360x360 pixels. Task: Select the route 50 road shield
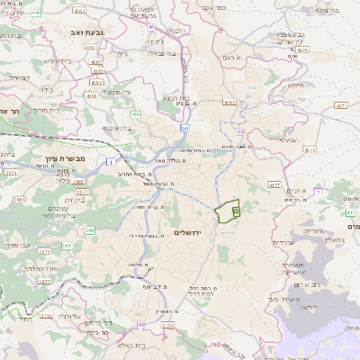click(x=184, y=129)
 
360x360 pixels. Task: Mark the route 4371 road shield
click(x=341, y=106)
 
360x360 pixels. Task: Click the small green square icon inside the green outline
click(x=235, y=210)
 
